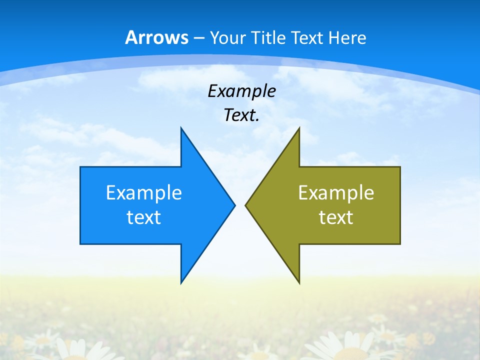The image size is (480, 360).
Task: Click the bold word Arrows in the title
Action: (156, 37)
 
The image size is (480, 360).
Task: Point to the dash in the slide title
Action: (199, 38)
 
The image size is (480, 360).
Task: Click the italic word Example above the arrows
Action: (241, 91)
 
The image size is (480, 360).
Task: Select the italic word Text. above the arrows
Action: (241, 115)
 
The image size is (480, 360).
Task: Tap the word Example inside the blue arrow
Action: (143, 192)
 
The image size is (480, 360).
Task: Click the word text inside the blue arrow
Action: (143, 217)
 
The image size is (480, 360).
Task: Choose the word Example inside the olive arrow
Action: (336, 192)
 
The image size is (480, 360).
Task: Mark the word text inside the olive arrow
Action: (336, 217)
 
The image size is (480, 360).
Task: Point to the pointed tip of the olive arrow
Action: (246, 205)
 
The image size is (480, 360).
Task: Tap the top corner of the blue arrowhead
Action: (181, 128)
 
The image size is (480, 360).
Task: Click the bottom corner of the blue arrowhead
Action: (181, 283)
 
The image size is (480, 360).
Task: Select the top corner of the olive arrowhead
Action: (299, 128)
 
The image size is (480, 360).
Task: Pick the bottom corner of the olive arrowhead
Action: (299, 283)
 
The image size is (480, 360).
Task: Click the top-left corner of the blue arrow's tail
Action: (80, 167)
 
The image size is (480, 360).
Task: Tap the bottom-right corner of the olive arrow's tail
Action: (400, 243)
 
